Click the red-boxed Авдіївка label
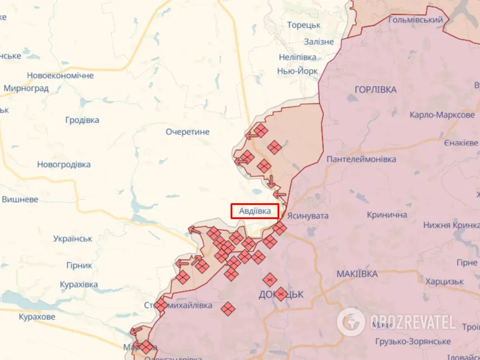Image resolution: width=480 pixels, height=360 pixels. click(x=255, y=211)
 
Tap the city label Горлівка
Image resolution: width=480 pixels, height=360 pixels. click(x=376, y=89)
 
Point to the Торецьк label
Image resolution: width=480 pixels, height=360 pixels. click(x=303, y=25)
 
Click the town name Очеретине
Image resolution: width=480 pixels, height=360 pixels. click(x=187, y=132)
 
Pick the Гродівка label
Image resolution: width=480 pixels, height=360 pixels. click(x=82, y=120)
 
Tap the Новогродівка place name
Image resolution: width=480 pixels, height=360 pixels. click(x=64, y=164)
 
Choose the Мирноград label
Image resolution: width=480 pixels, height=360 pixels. click(x=26, y=89)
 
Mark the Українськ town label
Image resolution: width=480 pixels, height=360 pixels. click(x=73, y=238)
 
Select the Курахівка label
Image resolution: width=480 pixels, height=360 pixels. click(x=79, y=284)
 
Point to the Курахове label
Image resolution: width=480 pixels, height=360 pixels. click(x=37, y=317)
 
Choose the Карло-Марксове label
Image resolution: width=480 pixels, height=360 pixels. click(x=442, y=115)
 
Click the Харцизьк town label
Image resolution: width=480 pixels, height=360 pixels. click(x=445, y=281)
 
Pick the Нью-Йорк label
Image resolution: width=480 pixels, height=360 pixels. click(x=298, y=71)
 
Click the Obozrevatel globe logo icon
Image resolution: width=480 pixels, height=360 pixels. click(x=351, y=322)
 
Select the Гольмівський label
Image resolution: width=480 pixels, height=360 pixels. click(x=415, y=20)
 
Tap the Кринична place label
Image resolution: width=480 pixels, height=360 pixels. click(x=387, y=215)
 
